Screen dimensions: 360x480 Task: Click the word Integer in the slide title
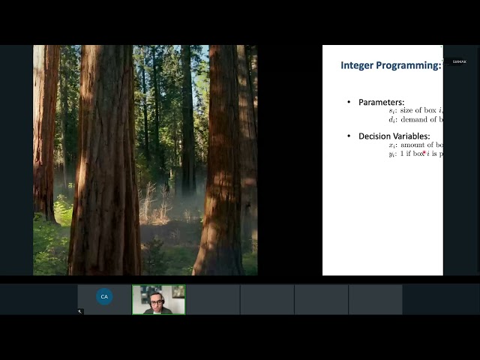[356, 65]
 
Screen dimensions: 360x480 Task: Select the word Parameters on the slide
[381, 102]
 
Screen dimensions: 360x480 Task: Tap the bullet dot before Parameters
[348, 102]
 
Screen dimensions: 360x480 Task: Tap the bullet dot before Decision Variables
[348, 136]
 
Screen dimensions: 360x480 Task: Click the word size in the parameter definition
[409, 111]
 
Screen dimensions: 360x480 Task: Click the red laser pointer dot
[424, 152]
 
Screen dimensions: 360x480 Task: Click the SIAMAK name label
[459, 61]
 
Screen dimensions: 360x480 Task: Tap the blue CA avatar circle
[104, 296]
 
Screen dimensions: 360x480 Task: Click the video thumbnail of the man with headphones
[158, 299]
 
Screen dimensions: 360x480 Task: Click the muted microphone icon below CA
[81, 311]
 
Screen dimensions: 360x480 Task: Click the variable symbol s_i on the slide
[391, 111]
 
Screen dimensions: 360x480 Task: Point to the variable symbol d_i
[391, 119]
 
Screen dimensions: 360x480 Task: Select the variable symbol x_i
[391, 145]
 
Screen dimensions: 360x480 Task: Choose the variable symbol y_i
[391, 154]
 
